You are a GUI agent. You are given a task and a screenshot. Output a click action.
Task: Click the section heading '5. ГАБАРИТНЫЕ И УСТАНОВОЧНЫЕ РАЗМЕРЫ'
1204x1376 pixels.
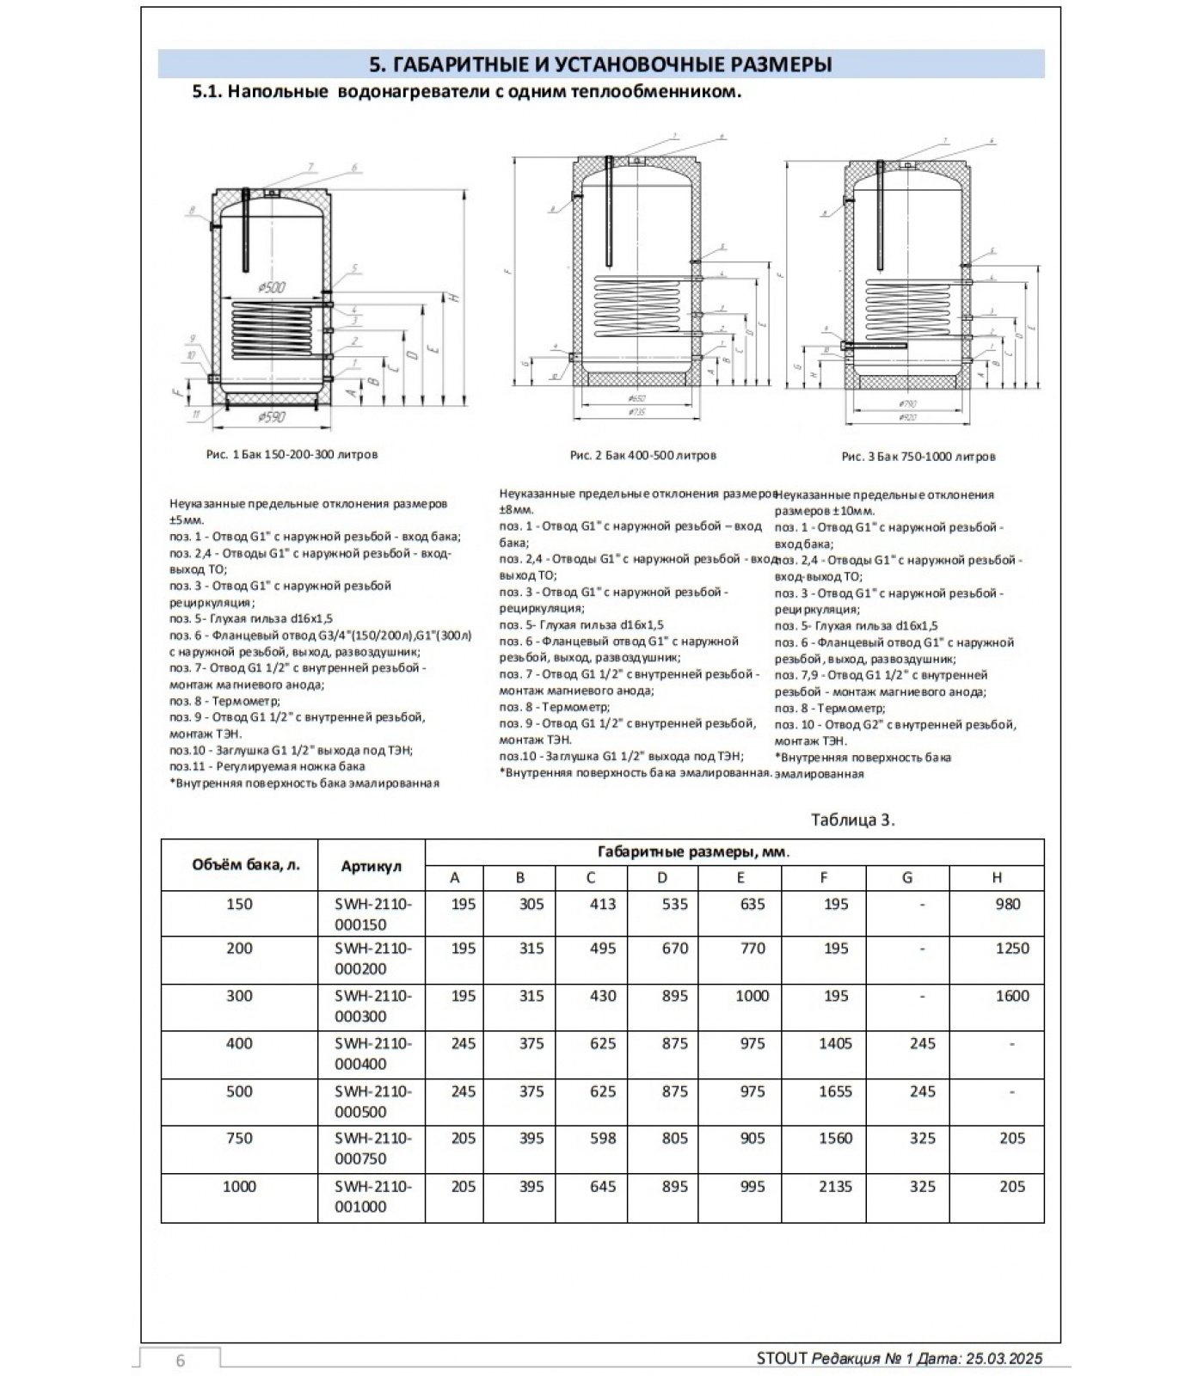(600, 64)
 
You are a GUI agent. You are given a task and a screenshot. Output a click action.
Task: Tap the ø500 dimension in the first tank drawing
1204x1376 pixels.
(271, 287)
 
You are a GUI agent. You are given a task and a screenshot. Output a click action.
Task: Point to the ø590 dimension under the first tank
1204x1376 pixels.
(271, 417)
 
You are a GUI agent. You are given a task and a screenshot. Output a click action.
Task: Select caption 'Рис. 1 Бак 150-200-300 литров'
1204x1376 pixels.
(292, 454)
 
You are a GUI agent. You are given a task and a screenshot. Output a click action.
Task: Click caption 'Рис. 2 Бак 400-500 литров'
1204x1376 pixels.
(642, 455)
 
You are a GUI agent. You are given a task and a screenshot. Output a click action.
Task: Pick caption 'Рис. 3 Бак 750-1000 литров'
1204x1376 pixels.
(918, 457)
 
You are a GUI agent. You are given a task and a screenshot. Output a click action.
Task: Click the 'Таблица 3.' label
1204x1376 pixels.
(852, 820)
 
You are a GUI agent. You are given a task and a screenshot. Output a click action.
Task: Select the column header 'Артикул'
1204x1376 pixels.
(371, 866)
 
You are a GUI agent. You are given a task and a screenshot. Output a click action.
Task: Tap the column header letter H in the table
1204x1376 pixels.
(997, 878)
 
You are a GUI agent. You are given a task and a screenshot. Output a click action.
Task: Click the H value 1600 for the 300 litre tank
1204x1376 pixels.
(1011, 996)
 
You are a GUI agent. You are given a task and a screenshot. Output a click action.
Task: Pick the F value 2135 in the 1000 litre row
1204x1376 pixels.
(835, 1187)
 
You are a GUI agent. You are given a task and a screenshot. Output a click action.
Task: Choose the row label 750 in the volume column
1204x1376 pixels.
(239, 1139)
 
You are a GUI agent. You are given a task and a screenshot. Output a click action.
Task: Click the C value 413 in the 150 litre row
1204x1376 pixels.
(602, 905)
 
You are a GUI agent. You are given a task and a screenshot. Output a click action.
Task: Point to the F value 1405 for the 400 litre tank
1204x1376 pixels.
(835, 1044)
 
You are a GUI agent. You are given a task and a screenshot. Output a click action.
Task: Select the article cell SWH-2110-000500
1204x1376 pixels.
(372, 1101)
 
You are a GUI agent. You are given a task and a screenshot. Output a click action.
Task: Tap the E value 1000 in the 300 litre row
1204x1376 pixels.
(752, 996)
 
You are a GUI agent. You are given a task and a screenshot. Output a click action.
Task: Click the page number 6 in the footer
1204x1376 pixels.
(181, 1360)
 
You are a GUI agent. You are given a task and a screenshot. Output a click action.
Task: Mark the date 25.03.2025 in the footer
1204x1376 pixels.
(1004, 1359)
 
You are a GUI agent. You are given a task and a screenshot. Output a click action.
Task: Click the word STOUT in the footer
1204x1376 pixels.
(782, 1359)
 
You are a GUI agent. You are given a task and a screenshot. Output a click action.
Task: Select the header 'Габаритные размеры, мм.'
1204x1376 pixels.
(693, 852)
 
